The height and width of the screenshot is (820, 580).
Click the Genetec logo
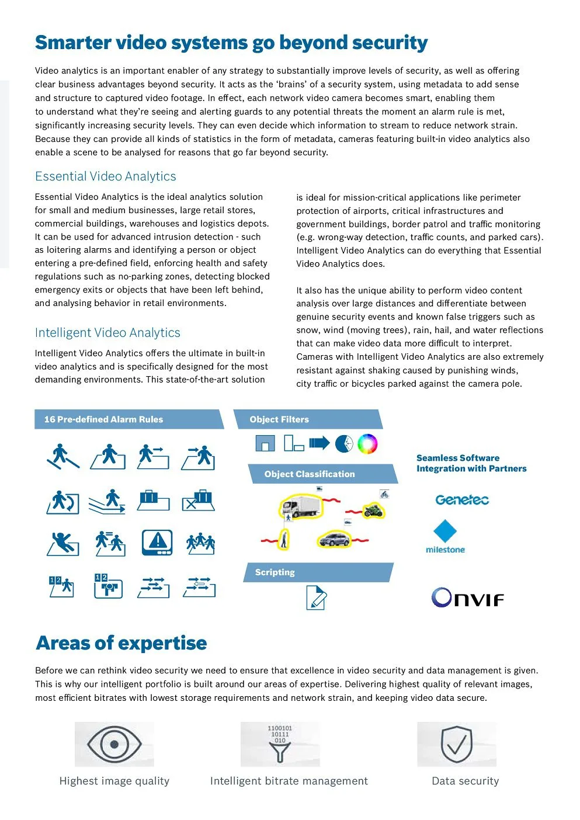pos(461,500)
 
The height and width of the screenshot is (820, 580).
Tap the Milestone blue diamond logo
pos(445,531)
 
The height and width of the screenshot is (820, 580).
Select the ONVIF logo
pos(467,597)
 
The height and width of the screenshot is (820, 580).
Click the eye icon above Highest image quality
pos(114,745)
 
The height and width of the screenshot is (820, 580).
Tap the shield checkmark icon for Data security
pos(457,745)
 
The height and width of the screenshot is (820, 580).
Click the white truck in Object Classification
pos(301,506)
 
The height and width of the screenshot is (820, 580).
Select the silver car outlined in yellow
pos(334,538)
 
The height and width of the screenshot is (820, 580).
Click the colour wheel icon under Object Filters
pos(367,444)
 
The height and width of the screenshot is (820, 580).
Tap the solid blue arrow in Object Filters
pos(319,443)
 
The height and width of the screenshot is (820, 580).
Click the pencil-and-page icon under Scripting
pos(316,597)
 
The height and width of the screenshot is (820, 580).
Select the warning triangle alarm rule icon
pos(157,542)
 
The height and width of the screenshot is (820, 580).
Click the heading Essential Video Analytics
pos(106,176)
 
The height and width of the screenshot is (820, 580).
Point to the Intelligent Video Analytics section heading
pos(107,333)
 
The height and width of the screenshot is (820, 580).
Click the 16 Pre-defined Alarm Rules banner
pos(104,419)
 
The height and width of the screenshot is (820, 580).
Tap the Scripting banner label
pos(275,572)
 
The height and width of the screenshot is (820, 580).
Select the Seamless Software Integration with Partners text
pos(471,463)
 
